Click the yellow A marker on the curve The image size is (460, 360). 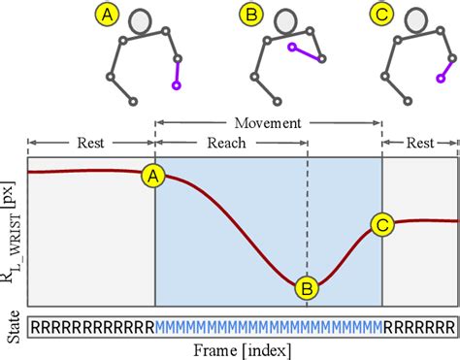click(x=153, y=176)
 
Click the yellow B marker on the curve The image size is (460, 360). click(x=307, y=287)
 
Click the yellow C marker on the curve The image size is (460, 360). click(x=382, y=225)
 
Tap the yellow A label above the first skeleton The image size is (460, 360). click(x=108, y=16)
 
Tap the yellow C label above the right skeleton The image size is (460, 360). click(x=378, y=16)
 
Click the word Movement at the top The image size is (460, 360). click(x=268, y=124)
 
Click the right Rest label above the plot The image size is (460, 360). click(x=419, y=141)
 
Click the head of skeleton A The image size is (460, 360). click(x=142, y=21)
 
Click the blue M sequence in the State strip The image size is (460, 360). click(x=269, y=326)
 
